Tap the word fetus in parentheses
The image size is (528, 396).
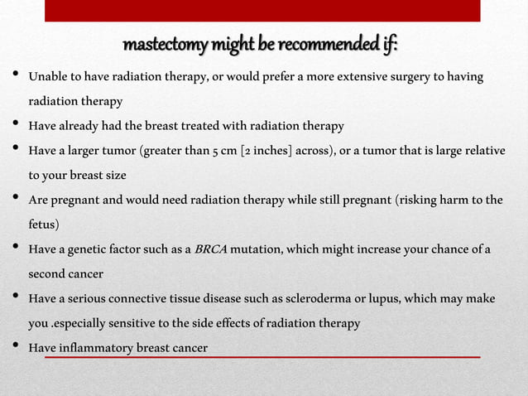tap(44, 225)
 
